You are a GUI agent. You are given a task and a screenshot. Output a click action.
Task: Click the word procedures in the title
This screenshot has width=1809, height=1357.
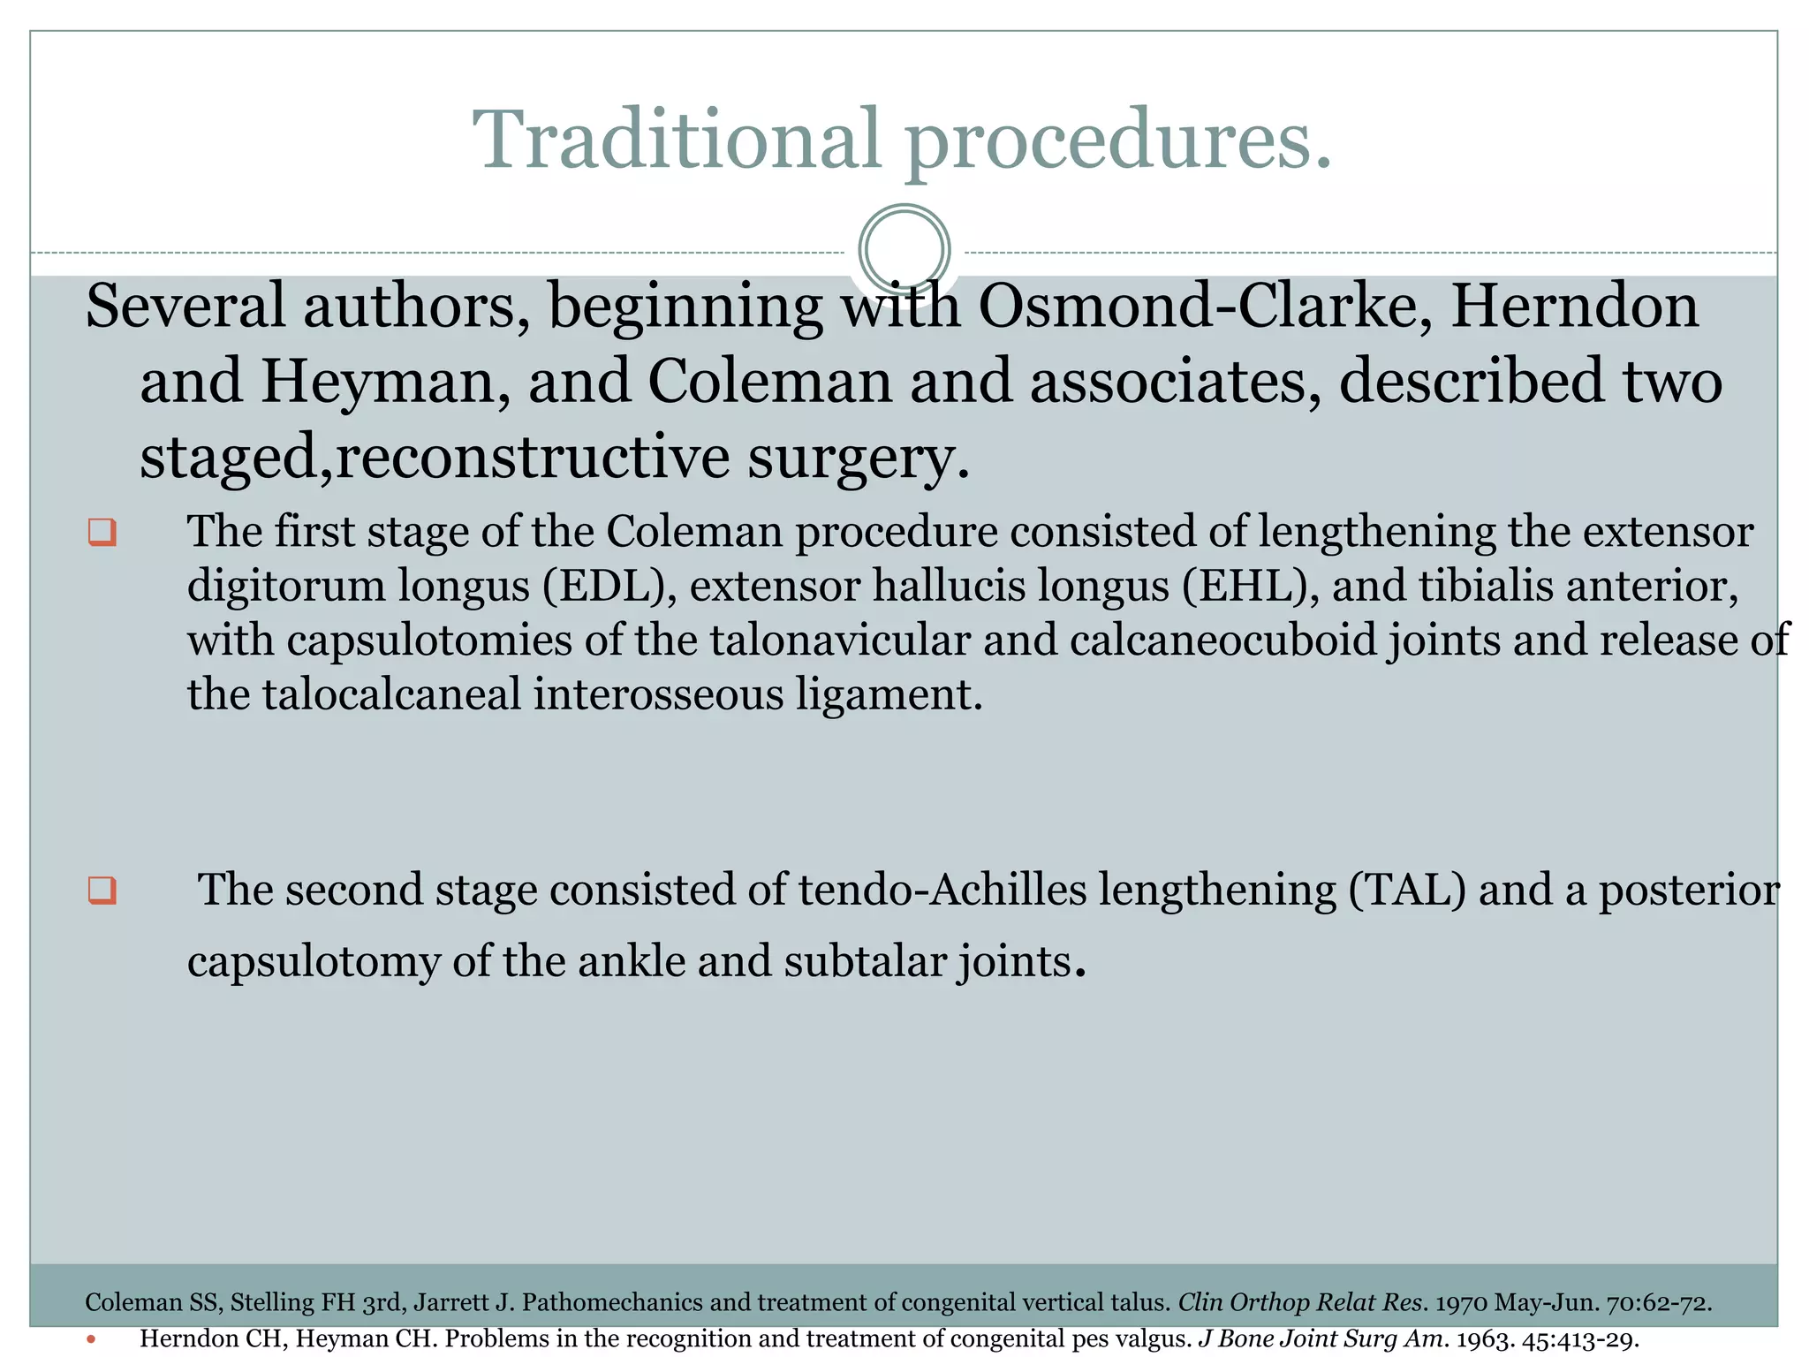coord(1117,141)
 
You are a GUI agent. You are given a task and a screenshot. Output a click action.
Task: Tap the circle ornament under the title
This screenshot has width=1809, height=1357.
coord(904,249)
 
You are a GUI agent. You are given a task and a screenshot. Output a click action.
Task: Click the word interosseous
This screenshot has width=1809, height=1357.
coord(658,694)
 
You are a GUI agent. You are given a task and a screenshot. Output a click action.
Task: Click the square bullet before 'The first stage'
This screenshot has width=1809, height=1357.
coord(102,533)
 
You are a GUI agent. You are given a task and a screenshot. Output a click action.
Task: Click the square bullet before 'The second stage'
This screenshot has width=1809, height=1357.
coord(102,890)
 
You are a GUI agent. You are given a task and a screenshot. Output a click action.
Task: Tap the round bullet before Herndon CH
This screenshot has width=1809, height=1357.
coord(91,1339)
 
